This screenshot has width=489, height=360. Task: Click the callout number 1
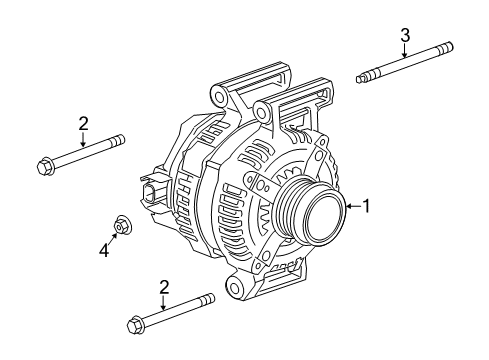366,206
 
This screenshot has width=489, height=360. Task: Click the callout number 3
405,35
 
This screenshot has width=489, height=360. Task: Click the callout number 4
104,249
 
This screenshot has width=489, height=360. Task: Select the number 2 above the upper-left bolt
83,123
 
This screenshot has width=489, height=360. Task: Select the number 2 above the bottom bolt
164,287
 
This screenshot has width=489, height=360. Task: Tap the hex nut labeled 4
122,226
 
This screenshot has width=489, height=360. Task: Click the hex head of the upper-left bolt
44,167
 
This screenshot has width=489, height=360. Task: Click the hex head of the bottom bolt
135,325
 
